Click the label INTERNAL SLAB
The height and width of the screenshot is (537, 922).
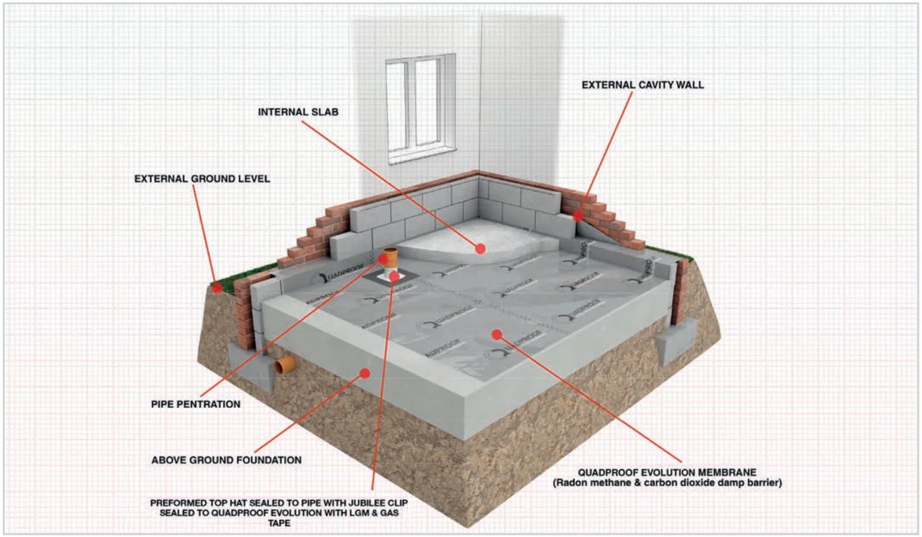(298, 112)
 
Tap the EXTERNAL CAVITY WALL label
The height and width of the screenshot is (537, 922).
(643, 85)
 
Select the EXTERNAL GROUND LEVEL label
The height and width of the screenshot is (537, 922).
(202, 179)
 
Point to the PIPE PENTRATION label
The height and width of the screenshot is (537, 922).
(196, 404)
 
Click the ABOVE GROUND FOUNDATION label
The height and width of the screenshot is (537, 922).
(226, 460)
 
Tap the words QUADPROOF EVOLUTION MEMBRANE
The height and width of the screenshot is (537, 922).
(667, 472)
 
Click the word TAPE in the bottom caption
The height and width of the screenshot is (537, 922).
(279, 523)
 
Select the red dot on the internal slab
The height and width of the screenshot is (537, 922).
(480, 249)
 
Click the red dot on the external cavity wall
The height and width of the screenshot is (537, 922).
(578, 216)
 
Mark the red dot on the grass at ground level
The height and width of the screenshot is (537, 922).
(217, 288)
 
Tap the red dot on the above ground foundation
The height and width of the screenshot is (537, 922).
(365, 373)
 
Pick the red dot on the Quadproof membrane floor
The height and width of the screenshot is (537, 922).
(496, 334)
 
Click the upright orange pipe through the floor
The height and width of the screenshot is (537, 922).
(390, 260)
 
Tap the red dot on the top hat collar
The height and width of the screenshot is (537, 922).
(394, 277)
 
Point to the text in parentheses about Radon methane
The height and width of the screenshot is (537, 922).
(667, 483)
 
